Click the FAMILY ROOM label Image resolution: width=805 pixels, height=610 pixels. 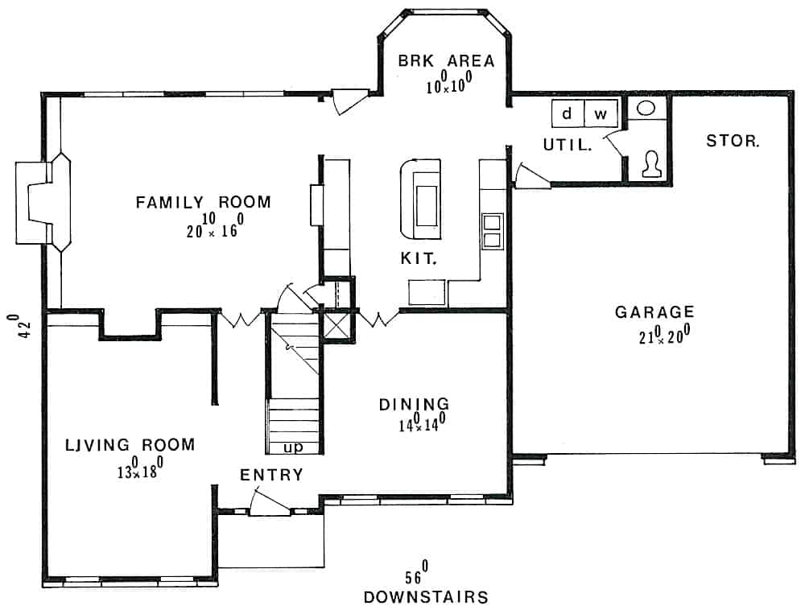coord(203,202)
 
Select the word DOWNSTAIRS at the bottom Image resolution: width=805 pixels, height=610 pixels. coord(426,597)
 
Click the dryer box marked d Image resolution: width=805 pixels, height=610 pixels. coord(567,114)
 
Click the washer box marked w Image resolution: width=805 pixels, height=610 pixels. coord(600,114)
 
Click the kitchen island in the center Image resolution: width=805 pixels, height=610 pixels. coord(421,198)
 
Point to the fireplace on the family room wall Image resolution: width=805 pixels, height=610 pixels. coord(42,202)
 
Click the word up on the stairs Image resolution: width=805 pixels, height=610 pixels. coord(293,446)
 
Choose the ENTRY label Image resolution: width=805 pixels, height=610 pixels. coord(271,475)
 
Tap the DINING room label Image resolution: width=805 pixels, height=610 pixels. coord(414,404)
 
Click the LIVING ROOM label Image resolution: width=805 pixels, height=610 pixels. coord(130,444)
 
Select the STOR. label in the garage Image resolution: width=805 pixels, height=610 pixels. coord(732,141)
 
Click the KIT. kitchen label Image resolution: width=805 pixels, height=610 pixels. coord(419,259)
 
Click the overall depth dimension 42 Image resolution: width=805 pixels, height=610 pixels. coord(24,325)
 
